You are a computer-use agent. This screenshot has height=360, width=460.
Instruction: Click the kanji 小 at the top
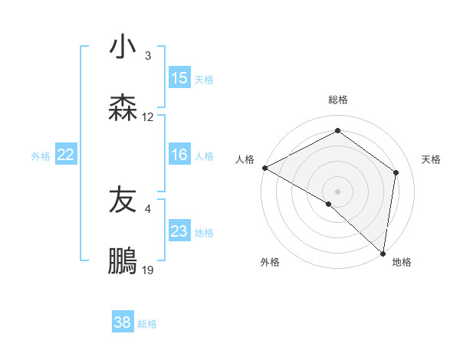pyautogui.click(x=123, y=47)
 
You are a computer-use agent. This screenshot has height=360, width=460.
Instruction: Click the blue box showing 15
pyautogui.click(x=179, y=78)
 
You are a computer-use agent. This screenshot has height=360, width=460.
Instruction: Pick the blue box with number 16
pyautogui.click(x=179, y=155)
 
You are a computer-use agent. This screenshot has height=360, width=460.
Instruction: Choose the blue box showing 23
pyautogui.click(x=179, y=231)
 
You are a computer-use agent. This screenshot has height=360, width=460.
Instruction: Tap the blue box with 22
pyautogui.click(x=66, y=155)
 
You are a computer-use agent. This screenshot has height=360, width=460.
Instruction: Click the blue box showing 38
pyautogui.click(x=123, y=322)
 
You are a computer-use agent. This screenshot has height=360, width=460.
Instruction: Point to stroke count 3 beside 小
pyautogui.click(x=148, y=56)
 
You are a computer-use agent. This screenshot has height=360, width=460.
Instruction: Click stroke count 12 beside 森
pyautogui.click(x=148, y=117)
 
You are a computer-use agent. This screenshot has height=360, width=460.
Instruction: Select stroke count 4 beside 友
pyautogui.click(x=148, y=208)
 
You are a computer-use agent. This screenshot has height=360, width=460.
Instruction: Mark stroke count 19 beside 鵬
pyautogui.click(x=148, y=270)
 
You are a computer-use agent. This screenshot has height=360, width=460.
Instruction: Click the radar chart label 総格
pyautogui.click(x=338, y=100)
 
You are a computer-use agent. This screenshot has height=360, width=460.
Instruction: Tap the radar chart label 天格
pyautogui.click(x=431, y=159)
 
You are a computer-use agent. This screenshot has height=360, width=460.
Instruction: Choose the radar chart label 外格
pyautogui.click(x=270, y=263)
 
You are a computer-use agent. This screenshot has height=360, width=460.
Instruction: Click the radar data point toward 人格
pyautogui.click(x=264, y=167)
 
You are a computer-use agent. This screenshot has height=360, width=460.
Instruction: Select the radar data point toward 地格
pyautogui.click(x=383, y=253)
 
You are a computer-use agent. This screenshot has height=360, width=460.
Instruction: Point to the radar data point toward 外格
pyautogui.click(x=329, y=204)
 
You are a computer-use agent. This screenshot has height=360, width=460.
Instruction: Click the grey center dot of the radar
pyautogui.click(x=338, y=191)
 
